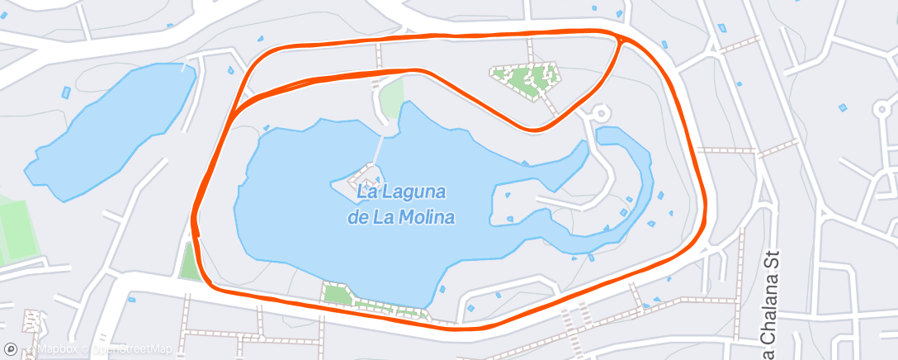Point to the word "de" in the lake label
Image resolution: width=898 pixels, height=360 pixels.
357,217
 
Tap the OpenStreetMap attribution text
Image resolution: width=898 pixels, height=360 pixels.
131,350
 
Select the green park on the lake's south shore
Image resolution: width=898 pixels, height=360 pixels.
337,294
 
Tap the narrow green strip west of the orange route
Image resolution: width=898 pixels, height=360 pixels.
189,263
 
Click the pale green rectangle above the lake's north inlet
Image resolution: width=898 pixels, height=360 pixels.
393,97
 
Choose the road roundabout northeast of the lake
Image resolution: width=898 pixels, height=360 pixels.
600,113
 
